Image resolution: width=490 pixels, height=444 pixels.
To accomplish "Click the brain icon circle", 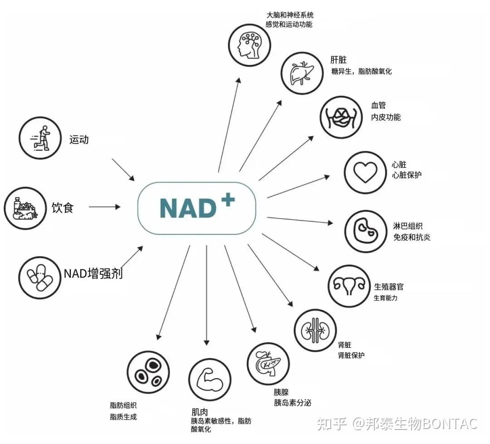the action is (249, 45).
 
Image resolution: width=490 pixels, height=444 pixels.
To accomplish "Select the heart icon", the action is (365, 173).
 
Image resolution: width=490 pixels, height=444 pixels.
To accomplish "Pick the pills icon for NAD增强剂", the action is (40, 276).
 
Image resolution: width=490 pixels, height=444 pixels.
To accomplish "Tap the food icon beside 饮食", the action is (25, 208).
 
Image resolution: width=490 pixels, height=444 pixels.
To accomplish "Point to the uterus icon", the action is (349, 285).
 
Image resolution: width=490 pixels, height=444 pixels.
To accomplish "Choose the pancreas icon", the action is (268, 363).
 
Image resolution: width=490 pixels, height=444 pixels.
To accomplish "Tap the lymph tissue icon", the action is (365, 230).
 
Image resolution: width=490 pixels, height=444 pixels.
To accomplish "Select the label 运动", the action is (79, 140).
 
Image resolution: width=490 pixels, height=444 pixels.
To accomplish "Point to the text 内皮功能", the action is (386, 117).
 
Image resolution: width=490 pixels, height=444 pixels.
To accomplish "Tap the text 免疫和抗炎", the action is (412, 237).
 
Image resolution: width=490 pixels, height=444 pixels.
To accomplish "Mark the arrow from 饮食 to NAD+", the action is (104, 207).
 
